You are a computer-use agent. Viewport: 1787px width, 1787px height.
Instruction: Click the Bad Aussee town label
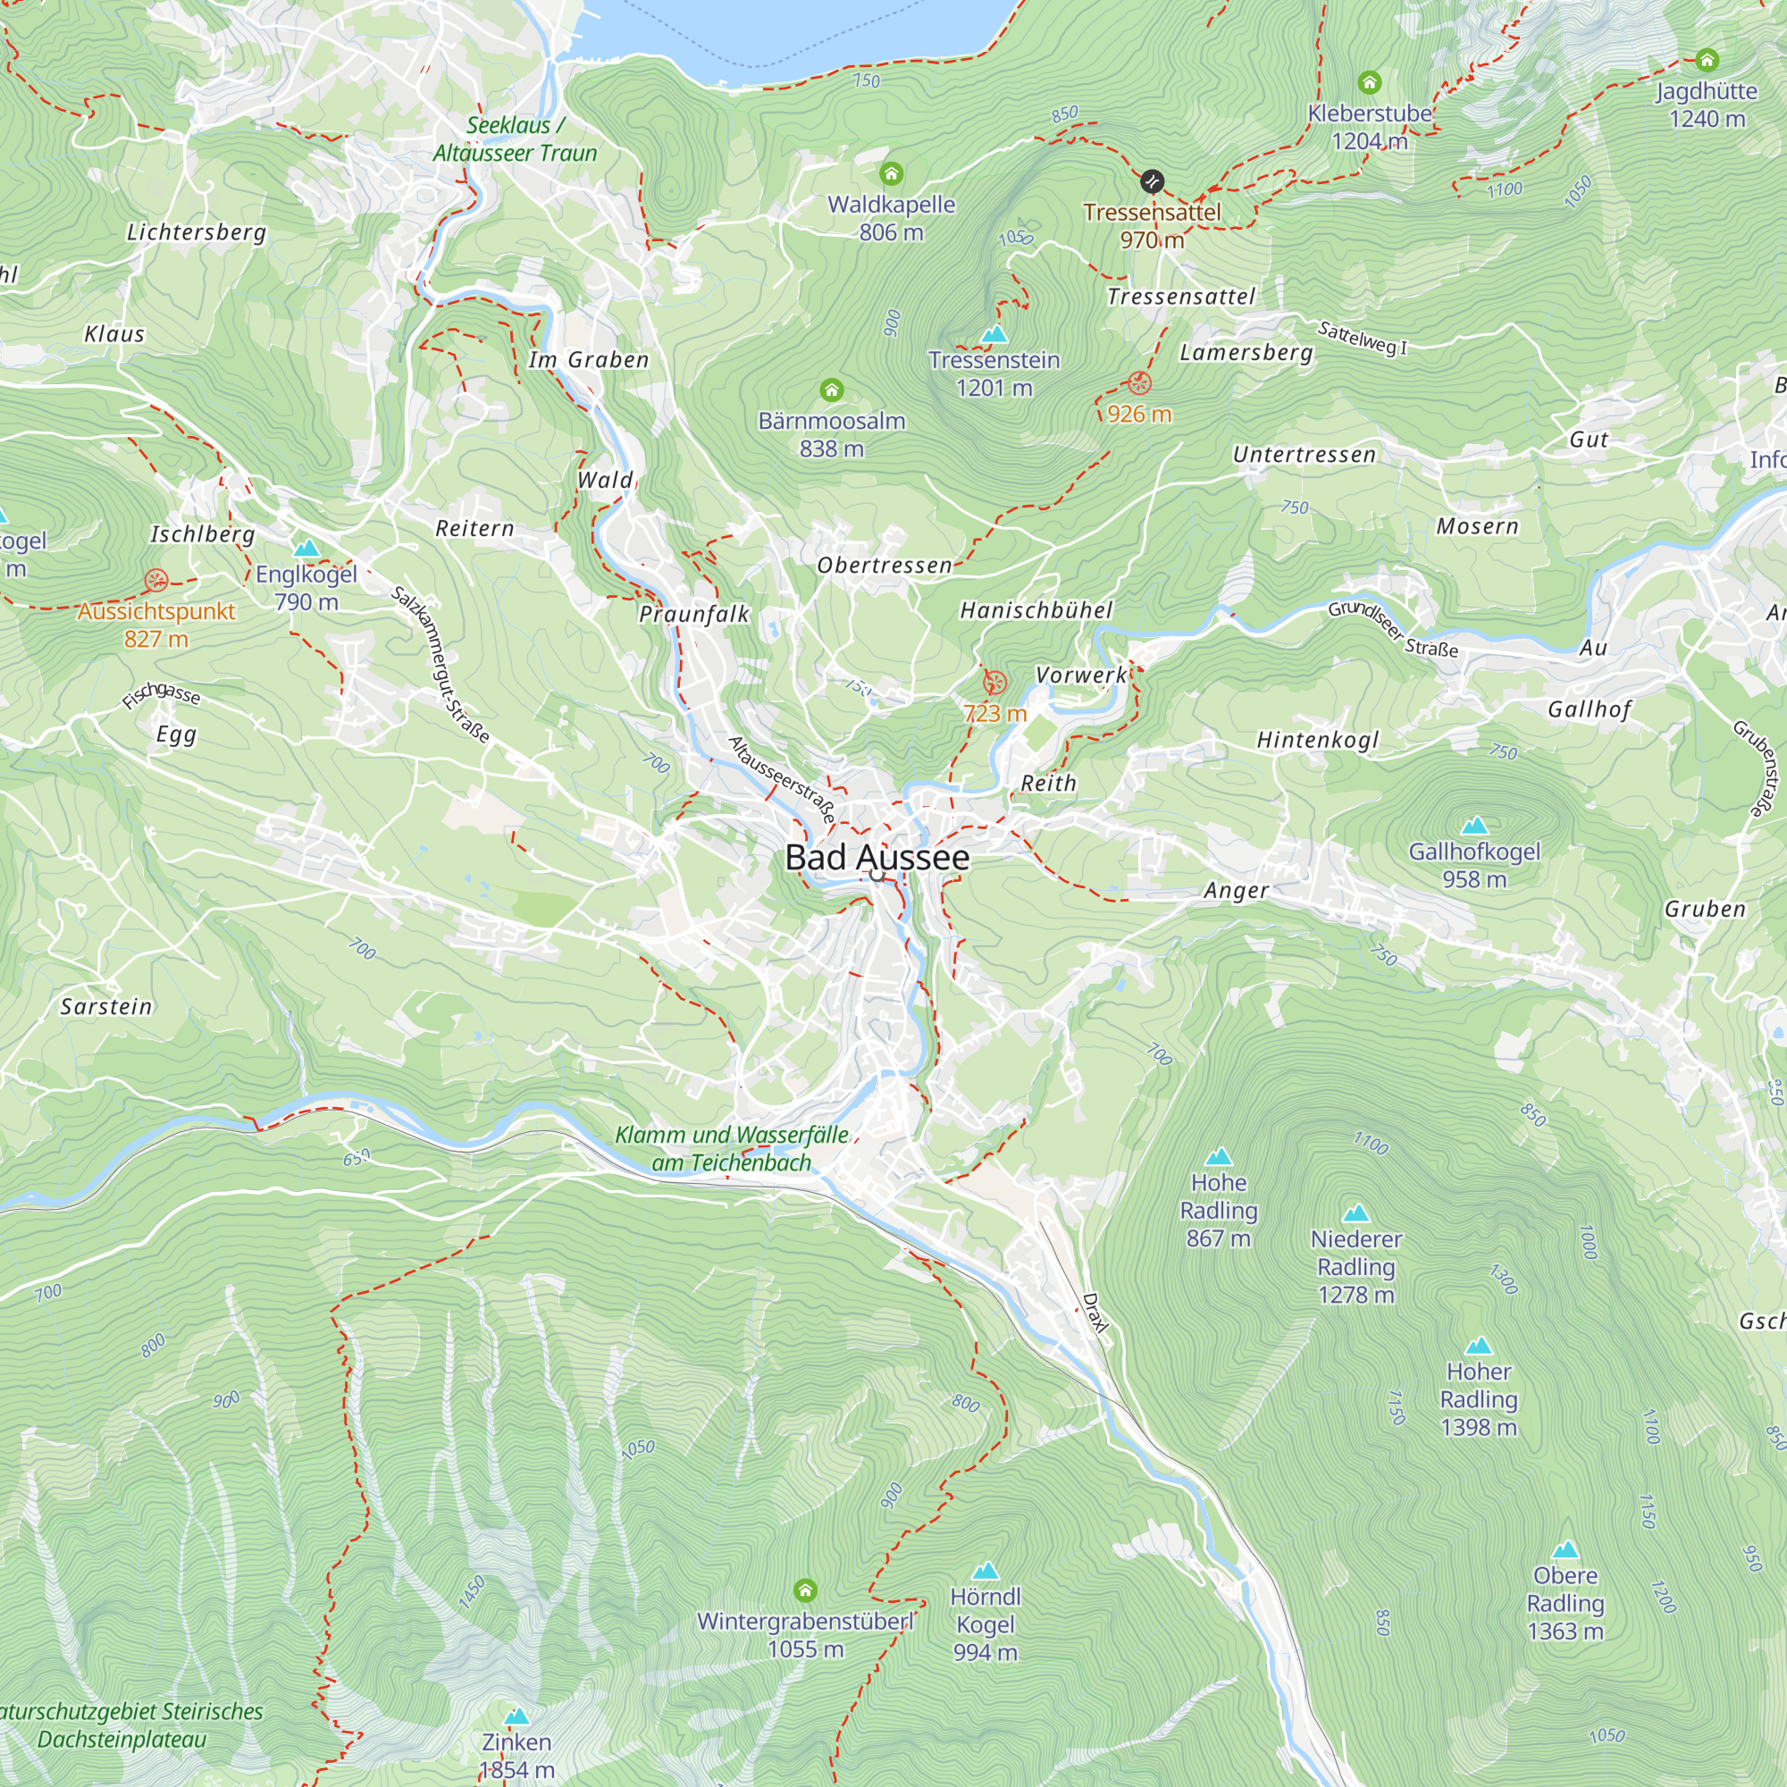(x=877, y=858)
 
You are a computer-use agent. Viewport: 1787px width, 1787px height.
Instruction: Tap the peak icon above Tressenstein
(x=994, y=333)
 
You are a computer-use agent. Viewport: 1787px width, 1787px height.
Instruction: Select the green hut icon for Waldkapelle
(x=891, y=174)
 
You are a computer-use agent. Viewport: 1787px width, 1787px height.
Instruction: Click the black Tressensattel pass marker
(x=1152, y=181)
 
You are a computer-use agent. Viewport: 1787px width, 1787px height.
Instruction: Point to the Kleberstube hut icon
(x=1370, y=83)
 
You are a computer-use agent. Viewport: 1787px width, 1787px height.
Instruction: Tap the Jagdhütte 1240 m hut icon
(x=1707, y=61)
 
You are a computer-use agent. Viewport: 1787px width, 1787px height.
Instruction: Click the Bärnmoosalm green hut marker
(x=832, y=390)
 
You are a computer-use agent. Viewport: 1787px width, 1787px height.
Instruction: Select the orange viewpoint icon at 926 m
(x=1139, y=383)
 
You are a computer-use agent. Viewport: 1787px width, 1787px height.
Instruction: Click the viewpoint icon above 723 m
(x=994, y=683)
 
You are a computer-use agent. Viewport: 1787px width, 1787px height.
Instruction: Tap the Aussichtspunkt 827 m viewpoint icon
(x=156, y=581)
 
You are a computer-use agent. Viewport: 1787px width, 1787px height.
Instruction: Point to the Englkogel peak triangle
(x=306, y=549)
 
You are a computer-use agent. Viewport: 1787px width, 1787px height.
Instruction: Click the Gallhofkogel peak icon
(x=1474, y=825)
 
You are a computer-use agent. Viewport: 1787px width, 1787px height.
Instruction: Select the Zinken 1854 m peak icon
(x=517, y=1716)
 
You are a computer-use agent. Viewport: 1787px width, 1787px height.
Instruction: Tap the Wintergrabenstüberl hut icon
(x=805, y=1591)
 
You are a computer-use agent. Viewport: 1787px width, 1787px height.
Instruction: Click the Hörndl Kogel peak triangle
(x=985, y=1571)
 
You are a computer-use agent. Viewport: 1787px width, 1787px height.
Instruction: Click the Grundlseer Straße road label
(x=1393, y=629)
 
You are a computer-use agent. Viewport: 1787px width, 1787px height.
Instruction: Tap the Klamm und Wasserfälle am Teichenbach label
(x=731, y=1149)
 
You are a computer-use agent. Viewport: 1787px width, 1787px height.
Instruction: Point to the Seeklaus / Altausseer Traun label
(x=515, y=139)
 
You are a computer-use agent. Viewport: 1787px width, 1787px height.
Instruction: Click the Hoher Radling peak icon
(x=1478, y=1346)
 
